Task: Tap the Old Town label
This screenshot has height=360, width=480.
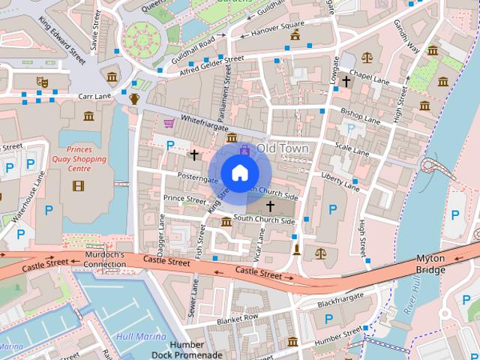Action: coord(282,148)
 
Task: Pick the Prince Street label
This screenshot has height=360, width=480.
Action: coord(184,199)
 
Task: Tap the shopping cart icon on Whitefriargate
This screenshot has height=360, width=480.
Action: coord(169,122)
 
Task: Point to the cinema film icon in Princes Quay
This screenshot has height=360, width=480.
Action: coord(79,185)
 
